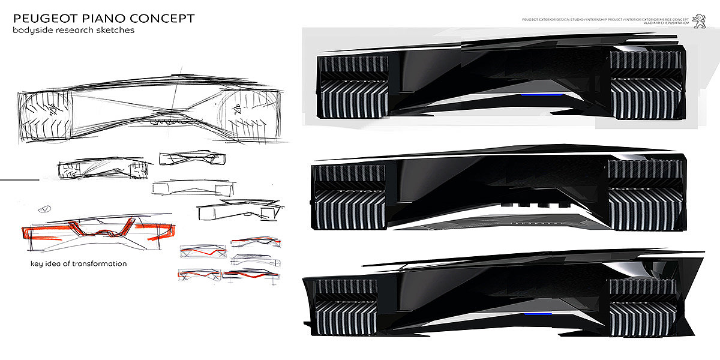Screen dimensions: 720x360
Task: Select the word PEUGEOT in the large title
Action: click(39, 18)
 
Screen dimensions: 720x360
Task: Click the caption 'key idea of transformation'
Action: click(79, 263)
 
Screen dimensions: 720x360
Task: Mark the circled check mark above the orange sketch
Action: click(44, 209)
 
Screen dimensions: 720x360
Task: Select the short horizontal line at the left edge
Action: click(19, 179)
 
